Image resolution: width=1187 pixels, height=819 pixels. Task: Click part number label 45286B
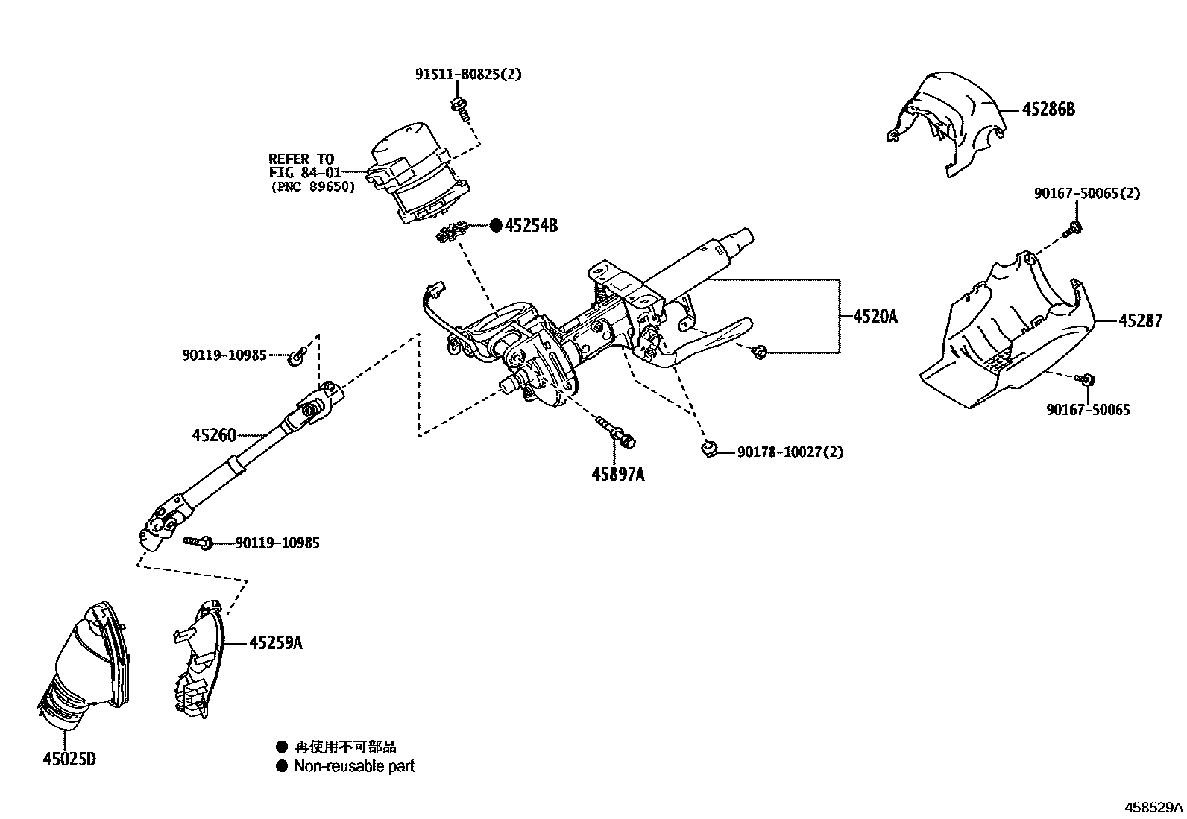pos(1048,110)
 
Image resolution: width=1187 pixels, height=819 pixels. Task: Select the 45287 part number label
pos(1140,321)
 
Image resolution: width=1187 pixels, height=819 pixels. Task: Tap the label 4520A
pos(875,317)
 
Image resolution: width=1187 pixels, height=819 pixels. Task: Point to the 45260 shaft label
pos(214,434)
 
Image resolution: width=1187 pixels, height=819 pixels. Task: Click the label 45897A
pos(618,473)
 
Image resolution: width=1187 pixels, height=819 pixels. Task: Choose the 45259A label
pos(275,642)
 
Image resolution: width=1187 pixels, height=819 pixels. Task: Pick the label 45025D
pos(69,759)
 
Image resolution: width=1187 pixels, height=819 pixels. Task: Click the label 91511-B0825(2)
pos(468,74)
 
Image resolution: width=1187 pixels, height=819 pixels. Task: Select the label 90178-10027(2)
pos(790,452)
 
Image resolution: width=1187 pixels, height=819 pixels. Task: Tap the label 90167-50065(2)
pos(1086,193)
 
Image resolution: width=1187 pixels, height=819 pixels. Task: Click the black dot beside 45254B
pos(496,225)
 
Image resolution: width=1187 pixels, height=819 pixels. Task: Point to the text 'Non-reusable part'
pos(353,766)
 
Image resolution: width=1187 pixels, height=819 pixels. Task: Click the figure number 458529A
pos(1154,807)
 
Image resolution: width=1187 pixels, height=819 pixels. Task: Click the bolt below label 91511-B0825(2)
pos(460,108)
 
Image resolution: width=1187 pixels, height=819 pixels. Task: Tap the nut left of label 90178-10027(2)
pos(709,449)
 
